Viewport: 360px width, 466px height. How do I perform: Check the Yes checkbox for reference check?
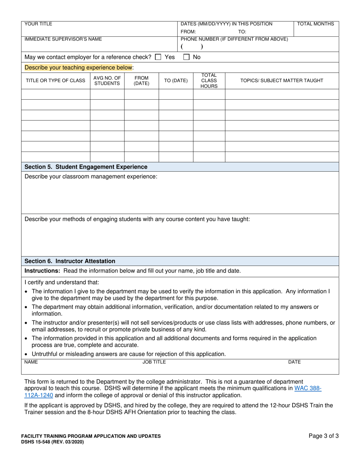[x=158, y=57]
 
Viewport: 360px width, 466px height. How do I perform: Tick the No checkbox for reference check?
[x=186, y=57]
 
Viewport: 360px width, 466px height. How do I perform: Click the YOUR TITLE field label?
[x=38, y=24]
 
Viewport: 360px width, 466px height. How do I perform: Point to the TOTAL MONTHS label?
[x=315, y=24]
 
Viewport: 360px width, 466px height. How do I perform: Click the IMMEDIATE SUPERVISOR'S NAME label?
[x=63, y=39]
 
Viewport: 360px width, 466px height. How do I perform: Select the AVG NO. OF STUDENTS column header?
[x=107, y=81]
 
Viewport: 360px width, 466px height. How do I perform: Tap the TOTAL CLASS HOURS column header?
[x=209, y=81]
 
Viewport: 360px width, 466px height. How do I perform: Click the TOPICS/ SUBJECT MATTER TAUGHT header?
[x=282, y=81]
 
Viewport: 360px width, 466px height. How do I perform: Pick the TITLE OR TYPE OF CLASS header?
[x=55, y=81]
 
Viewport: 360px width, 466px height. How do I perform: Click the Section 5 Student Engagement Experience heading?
[x=86, y=167]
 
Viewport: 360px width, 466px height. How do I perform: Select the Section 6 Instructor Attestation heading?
[x=70, y=261]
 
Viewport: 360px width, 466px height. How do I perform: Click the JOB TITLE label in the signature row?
[x=154, y=362]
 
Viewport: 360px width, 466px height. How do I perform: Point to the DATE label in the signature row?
[x=294, y=362]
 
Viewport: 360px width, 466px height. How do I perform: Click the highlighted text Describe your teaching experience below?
[x=78, y=68]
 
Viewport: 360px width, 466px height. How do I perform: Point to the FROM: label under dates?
[x=188, y=32]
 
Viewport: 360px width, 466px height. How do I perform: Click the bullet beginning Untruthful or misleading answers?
[x=128, y=354]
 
